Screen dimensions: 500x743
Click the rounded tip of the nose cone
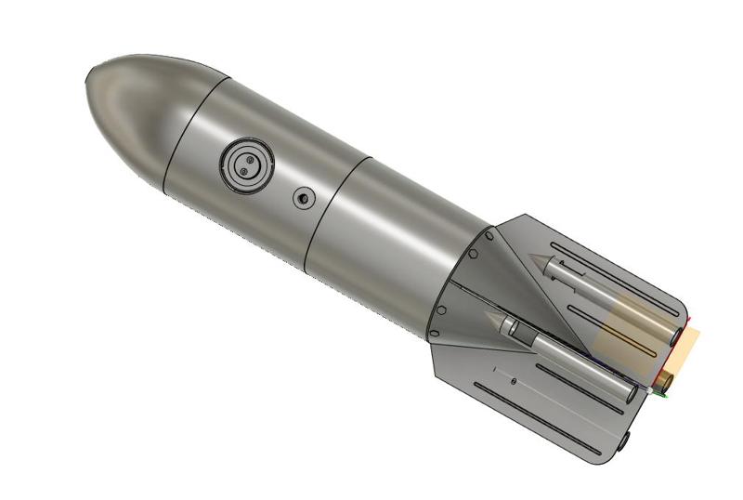pos(90,82)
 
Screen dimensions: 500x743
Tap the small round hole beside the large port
pos(303,197)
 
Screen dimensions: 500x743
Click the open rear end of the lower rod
pos(632,392)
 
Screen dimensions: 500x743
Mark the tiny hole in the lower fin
pos(514,381)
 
